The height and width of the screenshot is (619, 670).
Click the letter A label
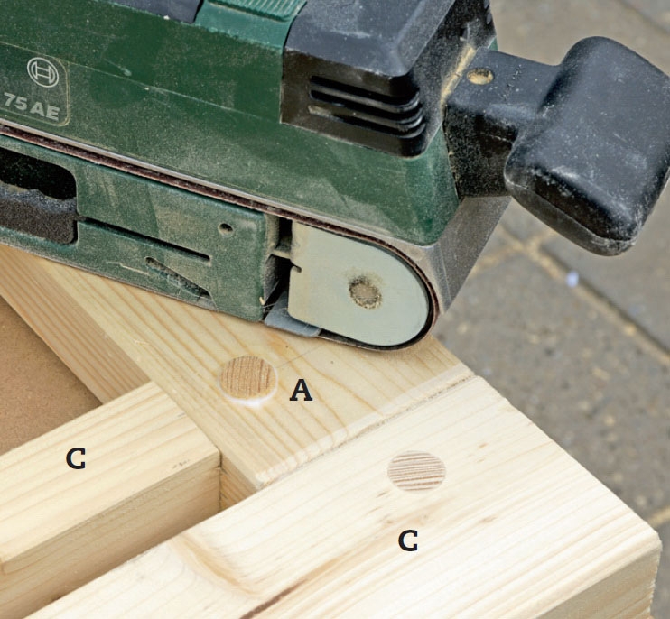coord(301,391)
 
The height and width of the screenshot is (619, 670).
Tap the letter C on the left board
coord(76,459)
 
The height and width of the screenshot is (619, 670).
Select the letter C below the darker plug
coord(408,540)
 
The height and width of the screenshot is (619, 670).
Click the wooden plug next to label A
coord(247,380)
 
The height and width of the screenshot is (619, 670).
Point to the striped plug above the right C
coord(416,470)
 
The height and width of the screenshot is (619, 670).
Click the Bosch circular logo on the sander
coord(42,72)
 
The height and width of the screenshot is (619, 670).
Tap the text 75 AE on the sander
coord(32,106)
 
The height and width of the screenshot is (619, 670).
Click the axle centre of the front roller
coord(366,292)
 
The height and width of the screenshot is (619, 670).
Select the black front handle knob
coord(585,141)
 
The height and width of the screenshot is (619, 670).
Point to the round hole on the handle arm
coord(479,77)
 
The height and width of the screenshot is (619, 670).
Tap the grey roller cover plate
coord(359,284)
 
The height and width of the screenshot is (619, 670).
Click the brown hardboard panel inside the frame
coord(39,375)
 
